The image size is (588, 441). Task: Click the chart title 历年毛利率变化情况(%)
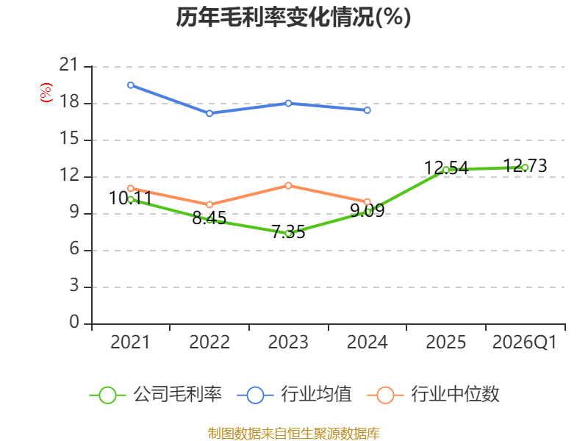point(293,17)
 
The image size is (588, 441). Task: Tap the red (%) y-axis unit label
point(46,93)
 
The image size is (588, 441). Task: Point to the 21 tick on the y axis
point(69,65)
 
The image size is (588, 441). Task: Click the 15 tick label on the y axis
point(69,139)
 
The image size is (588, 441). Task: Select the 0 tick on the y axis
point(74,322)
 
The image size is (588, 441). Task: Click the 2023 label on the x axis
point(288,342)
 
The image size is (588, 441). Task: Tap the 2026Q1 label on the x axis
point(525,342)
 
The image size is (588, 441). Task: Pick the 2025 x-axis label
point(446,342)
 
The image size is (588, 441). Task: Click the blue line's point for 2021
point(131,85)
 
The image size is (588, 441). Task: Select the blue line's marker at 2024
point(367,110)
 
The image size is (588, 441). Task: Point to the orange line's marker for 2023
point(288,186)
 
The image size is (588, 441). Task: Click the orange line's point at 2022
point(209,205)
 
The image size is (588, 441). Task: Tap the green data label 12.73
point(525,165)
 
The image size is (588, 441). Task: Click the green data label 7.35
point(288,232)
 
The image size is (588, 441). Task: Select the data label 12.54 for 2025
point(446,168)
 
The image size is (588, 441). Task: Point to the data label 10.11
point(131,198)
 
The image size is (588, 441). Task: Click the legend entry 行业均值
point(295,395)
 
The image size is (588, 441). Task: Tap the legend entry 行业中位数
point(433,395)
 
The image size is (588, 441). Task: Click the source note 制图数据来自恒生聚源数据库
point(293,434)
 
